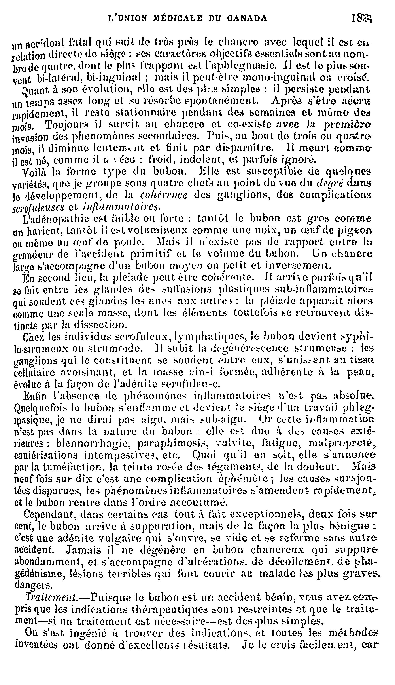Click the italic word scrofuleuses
38,208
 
